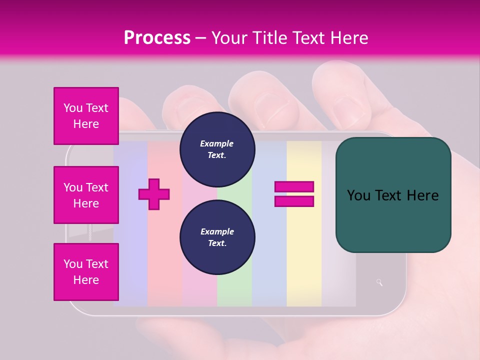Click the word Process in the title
(x=157, y=37)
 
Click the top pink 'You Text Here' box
(x=86, y=116)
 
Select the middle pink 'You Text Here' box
(x=86, y=195)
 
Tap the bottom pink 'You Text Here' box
(x=86, y=272)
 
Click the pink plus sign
(x=154, y=194)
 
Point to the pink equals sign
(x=294, y=194)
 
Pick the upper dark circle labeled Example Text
(x=217, y=149)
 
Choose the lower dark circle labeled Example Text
(x=217, y=237)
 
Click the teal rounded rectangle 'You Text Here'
(x=393, y=195)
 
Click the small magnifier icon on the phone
(x=379, y=282)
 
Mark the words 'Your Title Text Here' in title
(x=289, y=37)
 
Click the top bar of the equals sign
(x=294, y=187)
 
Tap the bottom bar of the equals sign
(x=294, y=201)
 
